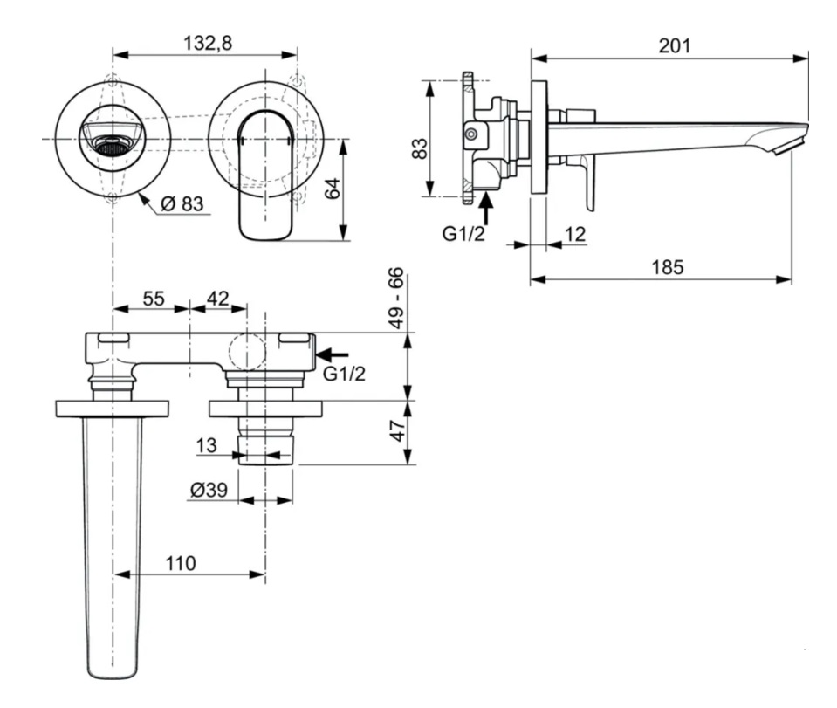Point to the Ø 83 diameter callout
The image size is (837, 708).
click(182, 204)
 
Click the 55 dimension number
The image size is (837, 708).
click(153, 299)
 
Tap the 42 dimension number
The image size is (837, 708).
click(217, 299)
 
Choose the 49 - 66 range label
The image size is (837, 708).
click(398, 299)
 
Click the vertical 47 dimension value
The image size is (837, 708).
click(398, 431)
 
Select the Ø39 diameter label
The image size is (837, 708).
click(209, 491)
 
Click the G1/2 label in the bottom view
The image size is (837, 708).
click(344, 374)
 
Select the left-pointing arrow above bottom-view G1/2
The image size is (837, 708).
click(333, 354)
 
